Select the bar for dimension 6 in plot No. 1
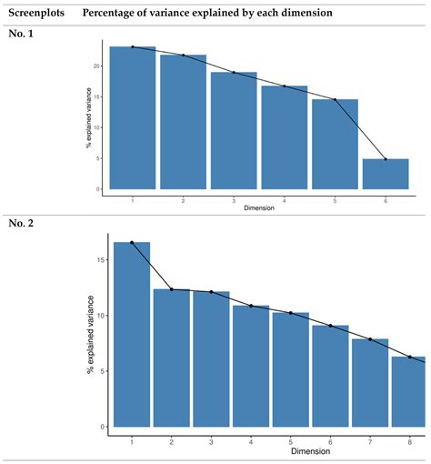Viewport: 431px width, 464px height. (386, 174)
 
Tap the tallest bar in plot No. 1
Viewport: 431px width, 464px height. (133, 118)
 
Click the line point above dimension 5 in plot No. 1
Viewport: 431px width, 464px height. (335, 99)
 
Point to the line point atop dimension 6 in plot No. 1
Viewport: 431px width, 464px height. (386, 159)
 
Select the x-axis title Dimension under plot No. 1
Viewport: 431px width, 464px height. (259, 207)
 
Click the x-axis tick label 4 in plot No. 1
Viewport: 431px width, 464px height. (285, 198)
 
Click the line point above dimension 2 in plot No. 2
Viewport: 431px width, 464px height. (171, 289)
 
